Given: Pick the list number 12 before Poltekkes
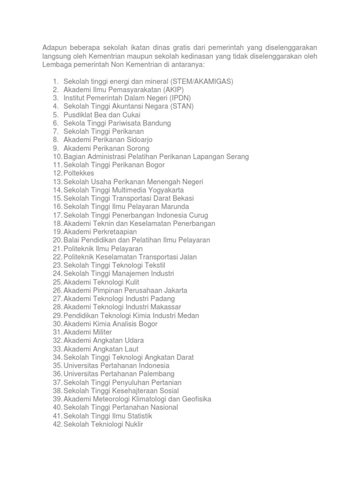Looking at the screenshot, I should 57,173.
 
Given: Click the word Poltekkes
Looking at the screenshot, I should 79,173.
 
